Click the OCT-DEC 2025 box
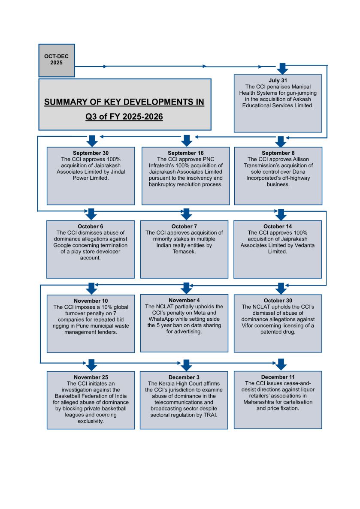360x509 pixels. (56, 60)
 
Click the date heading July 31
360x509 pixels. (278, 80)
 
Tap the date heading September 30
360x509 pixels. (91, 153)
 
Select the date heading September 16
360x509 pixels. (185, 153)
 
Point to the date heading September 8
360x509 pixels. (278, 153)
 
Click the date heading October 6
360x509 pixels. (91, 226)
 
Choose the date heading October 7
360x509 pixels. (184, 226)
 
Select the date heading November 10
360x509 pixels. (91, 301)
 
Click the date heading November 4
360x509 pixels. (184, 300)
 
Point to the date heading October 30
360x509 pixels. (278, 301)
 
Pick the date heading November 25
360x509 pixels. (91, 377)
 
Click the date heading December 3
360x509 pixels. (184, 377)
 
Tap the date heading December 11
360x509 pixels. (278, 377)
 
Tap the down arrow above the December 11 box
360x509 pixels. (281, 364)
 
